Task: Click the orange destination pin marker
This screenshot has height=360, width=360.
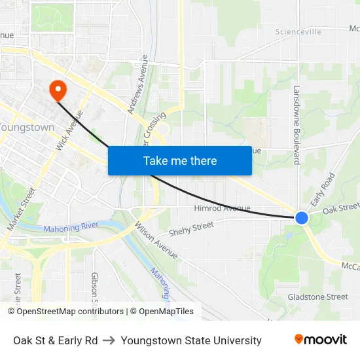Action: (x=57, y=89)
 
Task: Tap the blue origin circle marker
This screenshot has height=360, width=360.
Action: (x=302, y=218)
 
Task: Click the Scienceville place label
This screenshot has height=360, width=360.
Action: (x=298, y=31)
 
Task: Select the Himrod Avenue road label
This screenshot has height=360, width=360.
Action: (x=223, y=208)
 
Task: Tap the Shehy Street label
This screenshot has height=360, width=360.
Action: (x=192, y=229)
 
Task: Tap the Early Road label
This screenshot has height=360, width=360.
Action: (x=323, y=190)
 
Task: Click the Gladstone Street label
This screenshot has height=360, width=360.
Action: (x=318, y=297)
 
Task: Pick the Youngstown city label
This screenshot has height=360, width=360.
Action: (x=26, y=127)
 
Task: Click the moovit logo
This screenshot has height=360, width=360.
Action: (x=321, y=340)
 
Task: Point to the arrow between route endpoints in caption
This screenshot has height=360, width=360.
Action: (x=109, y=340)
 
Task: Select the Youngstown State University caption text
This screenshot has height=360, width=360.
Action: (x=191, y=340)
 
